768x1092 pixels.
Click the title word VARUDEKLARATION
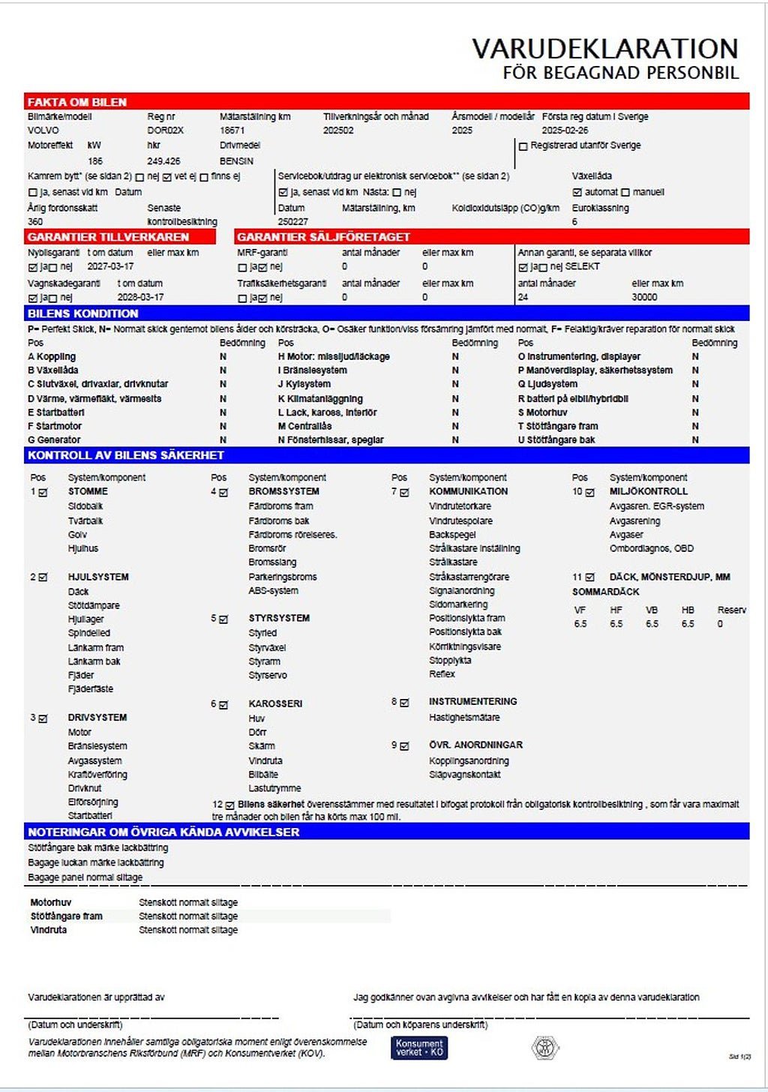point(604,49)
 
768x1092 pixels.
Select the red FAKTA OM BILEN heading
point(77,102)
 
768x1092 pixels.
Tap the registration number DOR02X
point(166,130)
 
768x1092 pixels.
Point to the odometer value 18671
point(232,130)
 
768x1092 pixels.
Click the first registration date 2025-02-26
point(565,130)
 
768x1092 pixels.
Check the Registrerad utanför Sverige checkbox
point(523,146)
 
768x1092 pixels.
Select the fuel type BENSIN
point(236,161)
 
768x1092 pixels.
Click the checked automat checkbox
point(577,193)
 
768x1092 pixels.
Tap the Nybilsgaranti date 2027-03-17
point(110,267)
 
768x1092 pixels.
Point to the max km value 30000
point(644,298)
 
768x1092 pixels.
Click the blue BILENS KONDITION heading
point(83,313)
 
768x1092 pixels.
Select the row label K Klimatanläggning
point(320,399)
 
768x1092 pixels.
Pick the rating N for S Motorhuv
point(695,412)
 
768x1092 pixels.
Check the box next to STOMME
point(43,493)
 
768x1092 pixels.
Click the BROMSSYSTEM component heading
point(283,492)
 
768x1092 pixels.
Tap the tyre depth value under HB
point(688,624)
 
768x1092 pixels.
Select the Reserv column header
point(731,610)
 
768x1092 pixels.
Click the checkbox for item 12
point(229,805)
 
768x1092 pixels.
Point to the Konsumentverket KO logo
point(419,1048)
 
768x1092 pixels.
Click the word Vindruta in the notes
point(49,930)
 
